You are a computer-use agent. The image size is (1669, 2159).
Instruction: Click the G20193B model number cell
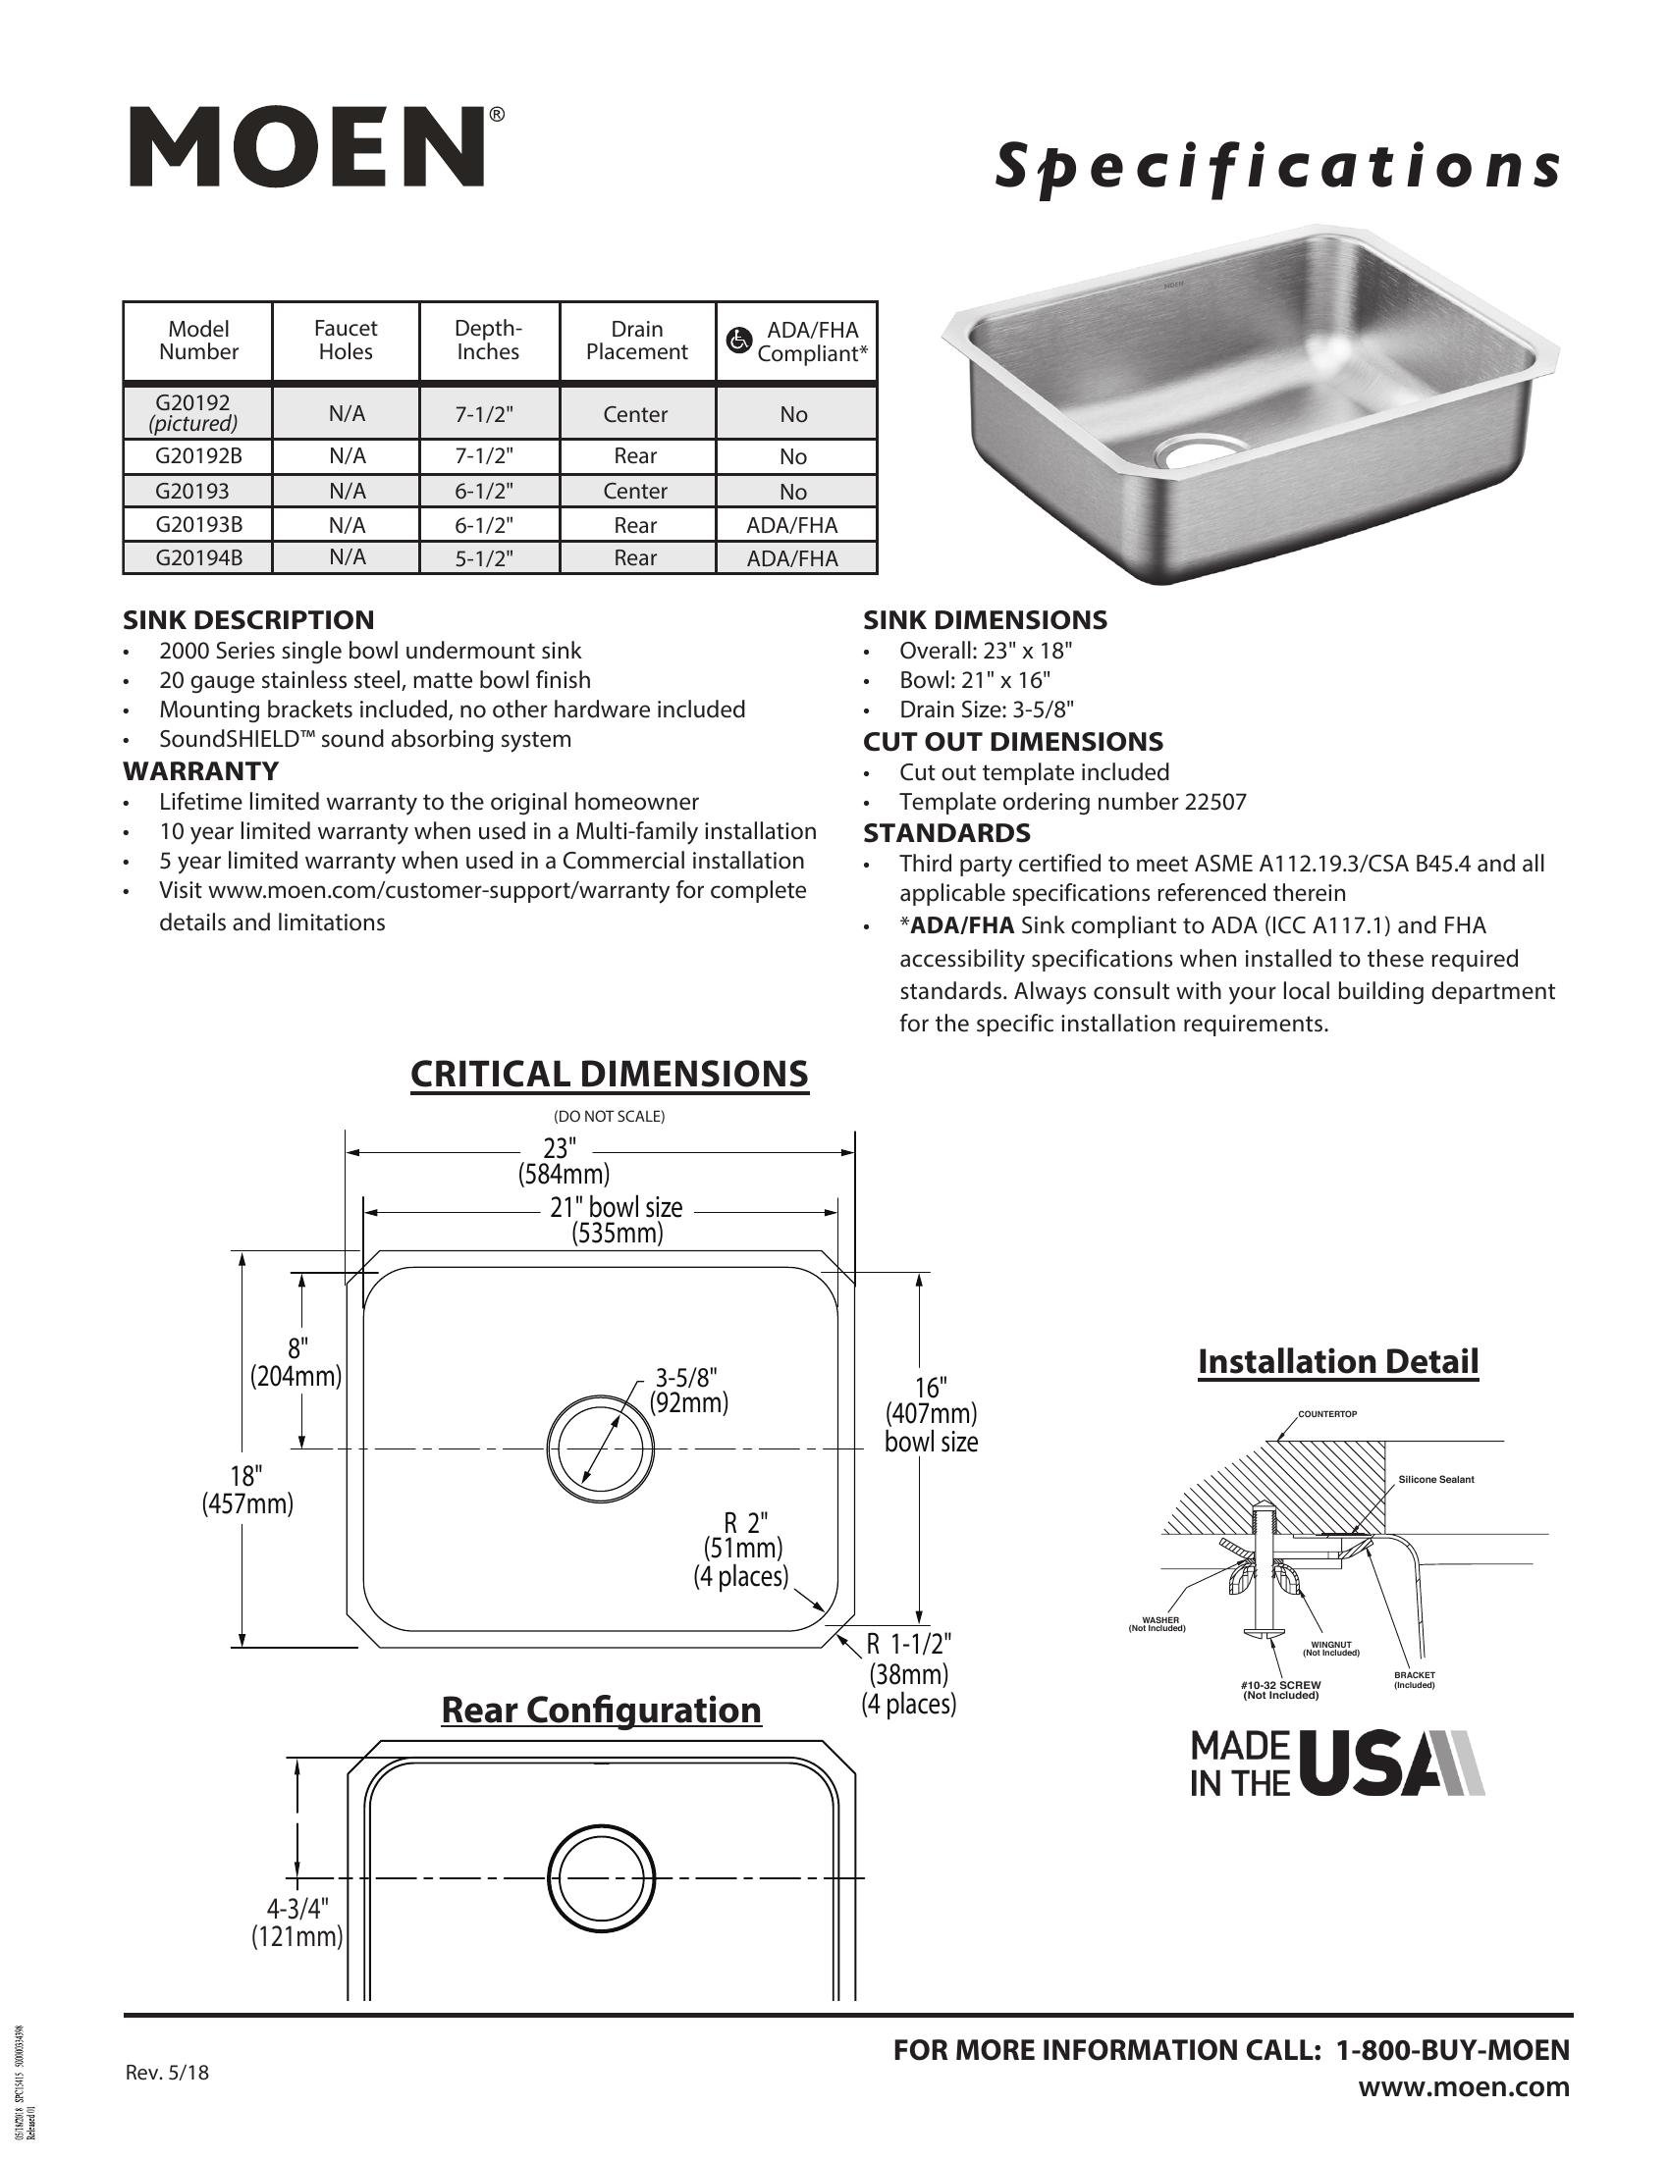pyautogui.click(x=198, y=525)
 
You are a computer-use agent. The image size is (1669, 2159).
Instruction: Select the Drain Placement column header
pyautogui.click(x=637, y=342)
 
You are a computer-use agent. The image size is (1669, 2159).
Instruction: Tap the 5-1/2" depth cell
pyautogui.click(x=484, y=558)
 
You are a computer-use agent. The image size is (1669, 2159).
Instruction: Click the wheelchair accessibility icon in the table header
pyautogui.click(x=738, y=342)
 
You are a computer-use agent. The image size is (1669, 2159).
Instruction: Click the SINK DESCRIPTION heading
pyautogui.click(x=248, y=620)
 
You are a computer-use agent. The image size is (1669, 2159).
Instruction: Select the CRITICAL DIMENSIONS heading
pyautogui.click(x=609, y=1075)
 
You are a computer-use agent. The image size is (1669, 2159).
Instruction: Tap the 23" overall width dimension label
pyautogui.click(x=559, y=1148)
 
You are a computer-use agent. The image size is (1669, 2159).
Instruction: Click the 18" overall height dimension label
pyautogui.click(x=246, y=1476)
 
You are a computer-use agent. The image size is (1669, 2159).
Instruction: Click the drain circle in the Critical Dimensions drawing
pyautogui.click(x=600, y=1449)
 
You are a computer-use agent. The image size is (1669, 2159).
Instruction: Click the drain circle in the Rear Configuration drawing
pyautogui.click(x=601, y=1878)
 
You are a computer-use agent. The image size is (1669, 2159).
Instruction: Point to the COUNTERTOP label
pyautogui.click(x=1327, y=1413)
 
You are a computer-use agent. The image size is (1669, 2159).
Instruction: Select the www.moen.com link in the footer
pyautogui.click(x=1464, y=2087)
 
